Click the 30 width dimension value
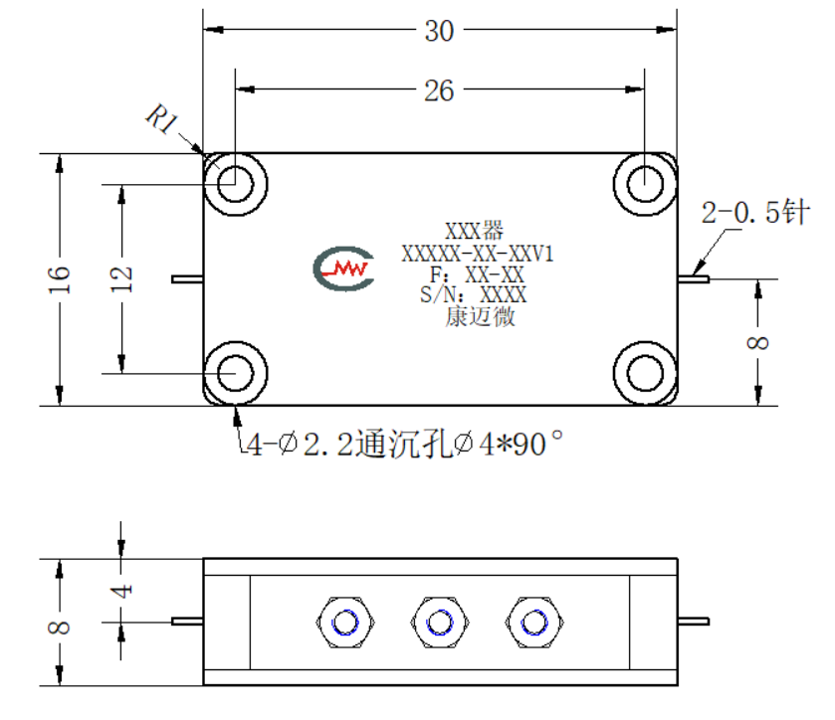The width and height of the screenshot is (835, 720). click(439, 31)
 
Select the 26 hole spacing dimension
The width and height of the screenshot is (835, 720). click(439, 91)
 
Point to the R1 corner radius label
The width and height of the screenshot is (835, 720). click(162, 118)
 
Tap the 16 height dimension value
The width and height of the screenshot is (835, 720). click(59, 278)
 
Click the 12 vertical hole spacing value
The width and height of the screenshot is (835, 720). click(120, 278)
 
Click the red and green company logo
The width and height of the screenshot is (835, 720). click(343, 269)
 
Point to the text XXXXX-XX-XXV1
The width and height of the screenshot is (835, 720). click(478, 254)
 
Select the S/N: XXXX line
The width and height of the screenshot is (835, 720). click(473, 294)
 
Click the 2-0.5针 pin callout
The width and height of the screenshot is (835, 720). click(755, 213)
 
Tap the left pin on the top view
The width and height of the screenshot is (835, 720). click(187, 278)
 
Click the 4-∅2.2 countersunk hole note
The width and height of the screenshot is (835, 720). click(405, 444)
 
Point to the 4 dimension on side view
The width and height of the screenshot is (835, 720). click(121, 591)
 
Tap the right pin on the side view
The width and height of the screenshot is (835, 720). click(694, 621)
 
